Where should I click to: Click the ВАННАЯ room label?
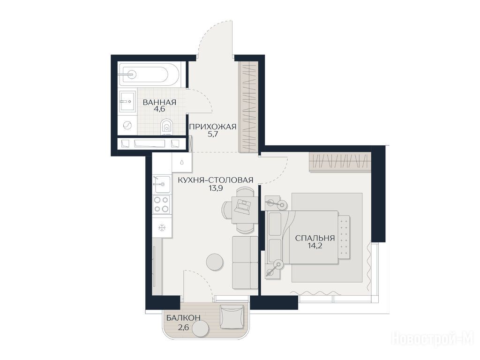(x=159, y=102)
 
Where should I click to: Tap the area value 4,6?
(x=159, y=109)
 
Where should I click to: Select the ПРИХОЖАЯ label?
(x=213, y=127)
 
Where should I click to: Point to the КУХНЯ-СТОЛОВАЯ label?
(x=216, y=180)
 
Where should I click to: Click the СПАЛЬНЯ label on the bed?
(x=315, y=238)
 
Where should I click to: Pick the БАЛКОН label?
(x=183, y=318)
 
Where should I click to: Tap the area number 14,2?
(x=315, y=245)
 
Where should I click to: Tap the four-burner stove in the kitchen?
(x=161, y=204)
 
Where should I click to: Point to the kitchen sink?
(x=161, y=184)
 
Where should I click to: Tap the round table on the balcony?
(x=200, y=329)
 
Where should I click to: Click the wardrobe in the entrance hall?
(x=248, y=106)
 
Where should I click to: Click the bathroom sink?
(x=127, y=101)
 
